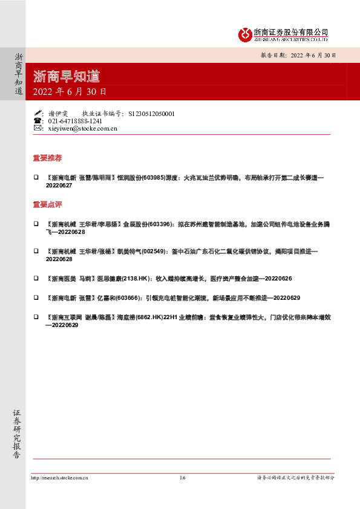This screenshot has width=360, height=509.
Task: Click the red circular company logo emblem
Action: (244, 34)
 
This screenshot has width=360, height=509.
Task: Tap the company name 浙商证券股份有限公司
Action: (290, 31)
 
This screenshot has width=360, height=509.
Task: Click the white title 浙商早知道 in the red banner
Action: (67, 77)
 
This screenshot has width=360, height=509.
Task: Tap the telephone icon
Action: (38, 121)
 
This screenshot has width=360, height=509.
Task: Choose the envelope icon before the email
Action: (38, 128)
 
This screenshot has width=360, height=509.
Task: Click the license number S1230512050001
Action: (152, 113)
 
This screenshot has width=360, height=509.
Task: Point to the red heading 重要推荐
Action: (47, 158)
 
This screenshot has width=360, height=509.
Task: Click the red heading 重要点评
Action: (47, 204)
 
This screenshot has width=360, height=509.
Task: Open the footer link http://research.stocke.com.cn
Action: (59, 478)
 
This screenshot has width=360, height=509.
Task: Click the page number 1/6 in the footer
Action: (183, 478)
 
